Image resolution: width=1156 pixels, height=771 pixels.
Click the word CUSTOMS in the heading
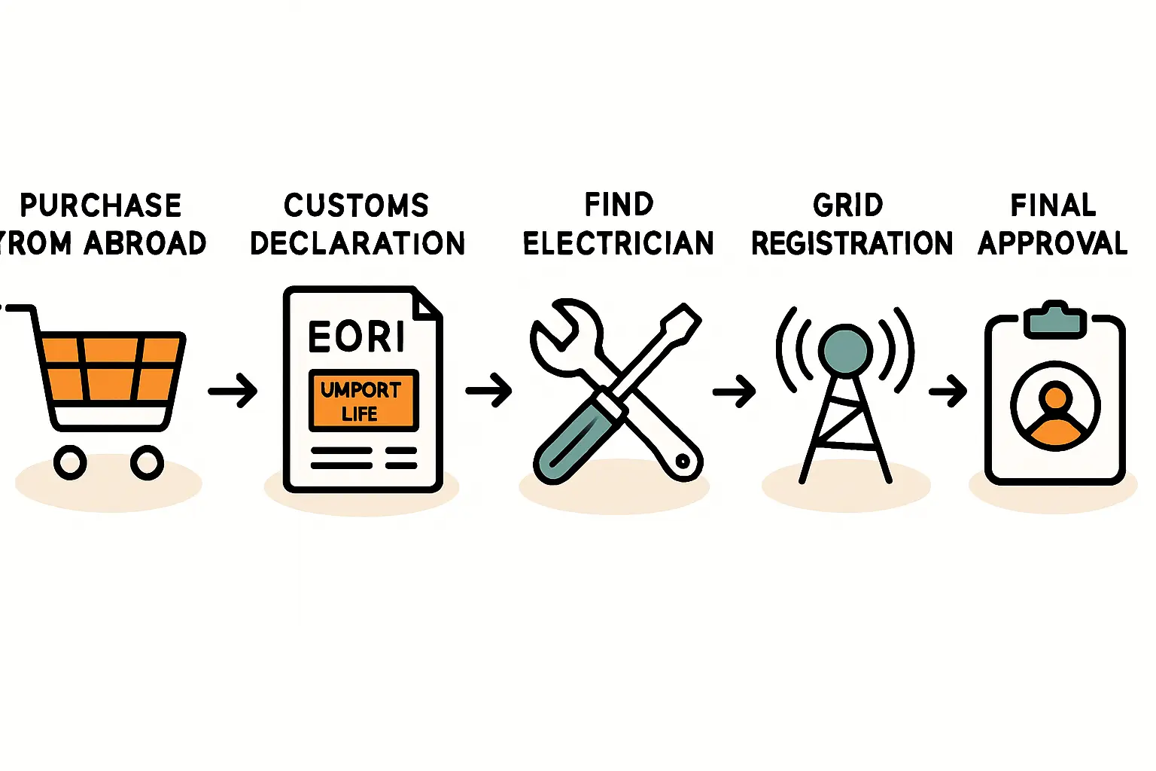(x=356, y=206)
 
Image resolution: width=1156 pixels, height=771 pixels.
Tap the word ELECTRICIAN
(x=618, y=243)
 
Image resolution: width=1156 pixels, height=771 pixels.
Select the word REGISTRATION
(x=852, y=243)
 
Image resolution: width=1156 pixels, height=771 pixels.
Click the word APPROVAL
(x=1052, y=243)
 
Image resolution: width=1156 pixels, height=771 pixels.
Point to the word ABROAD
(x=144, y=243)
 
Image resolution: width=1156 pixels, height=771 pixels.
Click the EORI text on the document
(x=357, y=337)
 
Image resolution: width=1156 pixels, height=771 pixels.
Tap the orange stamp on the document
(x=364, y=401)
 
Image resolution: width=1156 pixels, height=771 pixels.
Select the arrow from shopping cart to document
(x=233, y=391)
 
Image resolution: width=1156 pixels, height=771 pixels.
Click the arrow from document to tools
(x=489, y=391)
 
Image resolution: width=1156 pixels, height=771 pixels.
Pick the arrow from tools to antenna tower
(x=734, y=391)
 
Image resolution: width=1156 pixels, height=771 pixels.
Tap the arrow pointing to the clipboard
(x=948, y=391)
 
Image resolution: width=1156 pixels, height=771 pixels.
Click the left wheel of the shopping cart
(x=70, y=462)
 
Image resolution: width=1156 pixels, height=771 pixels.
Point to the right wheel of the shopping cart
(x=147, y=462)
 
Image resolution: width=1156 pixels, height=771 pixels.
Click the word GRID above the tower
(x=847, y=206)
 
